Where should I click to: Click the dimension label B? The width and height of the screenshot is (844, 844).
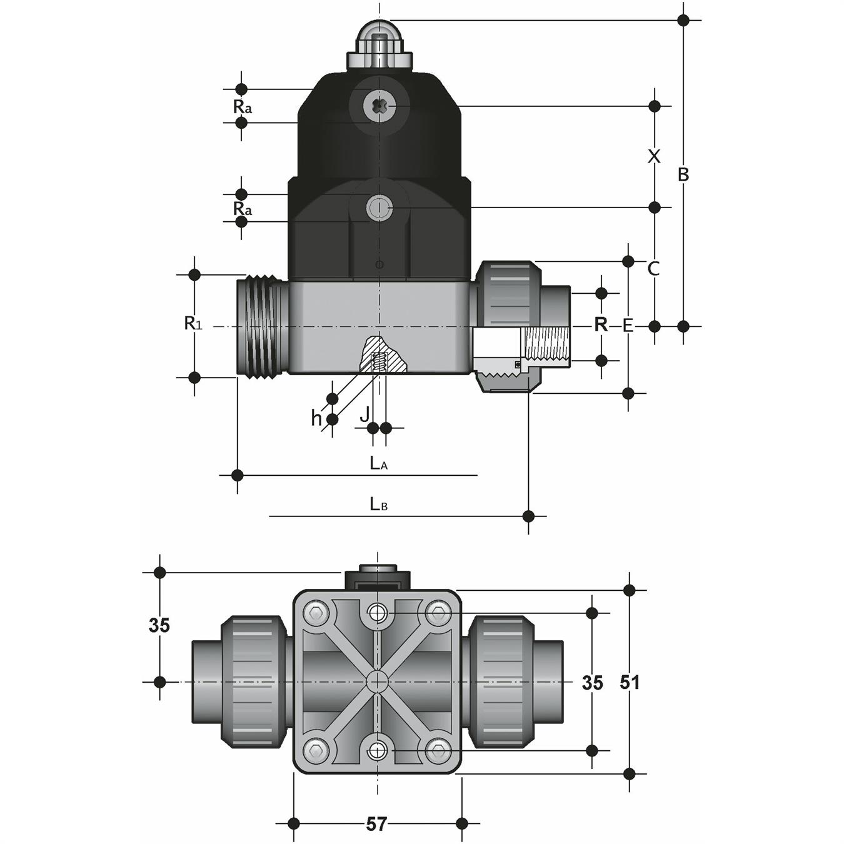(683, 174)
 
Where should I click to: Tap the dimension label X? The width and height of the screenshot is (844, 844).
(654, 156)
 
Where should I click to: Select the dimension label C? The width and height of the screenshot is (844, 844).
(654, 269)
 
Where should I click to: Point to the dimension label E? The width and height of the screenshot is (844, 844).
(628, 326)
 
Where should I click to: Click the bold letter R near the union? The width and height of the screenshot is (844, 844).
(601, 324)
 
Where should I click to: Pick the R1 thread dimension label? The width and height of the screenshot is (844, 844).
(193, 323)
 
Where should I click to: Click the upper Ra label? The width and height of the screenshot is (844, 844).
(243, 107)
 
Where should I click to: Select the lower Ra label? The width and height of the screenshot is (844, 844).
(243, 208)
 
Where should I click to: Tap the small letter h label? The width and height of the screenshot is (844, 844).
(316, 418)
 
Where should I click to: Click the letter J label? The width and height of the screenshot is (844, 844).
(364, 413)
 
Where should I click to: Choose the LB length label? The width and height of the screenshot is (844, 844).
(379, 504)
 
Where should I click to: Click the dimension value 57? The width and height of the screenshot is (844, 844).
(376, 824)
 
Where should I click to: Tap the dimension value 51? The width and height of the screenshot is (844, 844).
(630, 682)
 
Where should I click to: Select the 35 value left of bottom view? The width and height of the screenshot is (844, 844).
(159, 625)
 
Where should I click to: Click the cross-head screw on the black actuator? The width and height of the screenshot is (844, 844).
(379, 108)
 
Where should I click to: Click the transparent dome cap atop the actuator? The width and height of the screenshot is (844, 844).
(379, 35)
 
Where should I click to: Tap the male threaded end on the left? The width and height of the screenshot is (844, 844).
(262, 326)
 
